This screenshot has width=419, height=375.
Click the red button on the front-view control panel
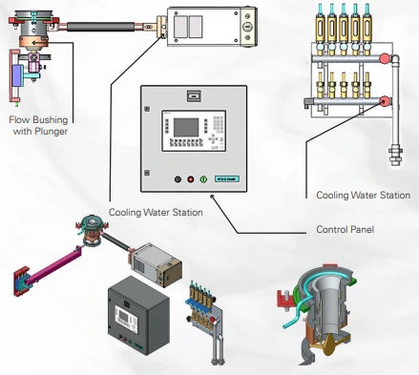190,179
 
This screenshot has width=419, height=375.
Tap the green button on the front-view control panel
203,179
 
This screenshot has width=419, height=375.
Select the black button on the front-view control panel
178,179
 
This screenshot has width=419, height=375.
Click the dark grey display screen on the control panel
186,128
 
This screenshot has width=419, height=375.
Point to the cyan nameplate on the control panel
227,179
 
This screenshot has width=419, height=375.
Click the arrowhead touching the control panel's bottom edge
212,197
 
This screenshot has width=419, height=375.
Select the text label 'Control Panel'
345,229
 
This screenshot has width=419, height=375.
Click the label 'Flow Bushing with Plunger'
38,125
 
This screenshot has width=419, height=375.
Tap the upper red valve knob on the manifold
385,58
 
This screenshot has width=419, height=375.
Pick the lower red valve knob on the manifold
385,101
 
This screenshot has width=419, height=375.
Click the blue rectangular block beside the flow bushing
16,75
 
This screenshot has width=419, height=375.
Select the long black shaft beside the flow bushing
100,27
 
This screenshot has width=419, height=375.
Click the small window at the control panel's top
194,95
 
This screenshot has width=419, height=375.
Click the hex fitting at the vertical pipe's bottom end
395,155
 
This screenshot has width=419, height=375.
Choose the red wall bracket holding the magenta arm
22,282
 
